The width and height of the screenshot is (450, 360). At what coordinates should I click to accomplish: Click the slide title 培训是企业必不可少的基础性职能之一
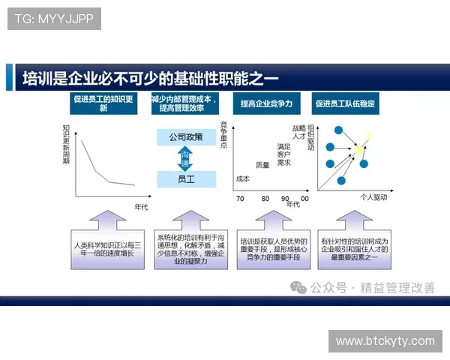click(x=150, y=77)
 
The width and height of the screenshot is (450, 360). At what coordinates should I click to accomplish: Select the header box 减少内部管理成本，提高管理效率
click(x=184, y=103)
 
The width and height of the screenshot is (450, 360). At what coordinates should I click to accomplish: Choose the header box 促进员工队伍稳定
click(x=345, y=103)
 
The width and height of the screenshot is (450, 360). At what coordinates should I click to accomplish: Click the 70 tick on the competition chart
click(x=240, y=199)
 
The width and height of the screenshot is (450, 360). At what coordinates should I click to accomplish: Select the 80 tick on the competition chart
click(x=265, y=199)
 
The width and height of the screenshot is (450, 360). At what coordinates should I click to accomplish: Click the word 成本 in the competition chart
click(x=242, y=178)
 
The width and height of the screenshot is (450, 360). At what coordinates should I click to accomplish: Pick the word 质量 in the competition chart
click(x=262, y=165)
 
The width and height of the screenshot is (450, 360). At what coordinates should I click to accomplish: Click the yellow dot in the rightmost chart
click(x=358, y=151)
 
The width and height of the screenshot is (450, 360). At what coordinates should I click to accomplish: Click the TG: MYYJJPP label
click(x=54, y=19)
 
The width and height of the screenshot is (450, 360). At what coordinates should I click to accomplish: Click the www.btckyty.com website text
click(x=385, y=341)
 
